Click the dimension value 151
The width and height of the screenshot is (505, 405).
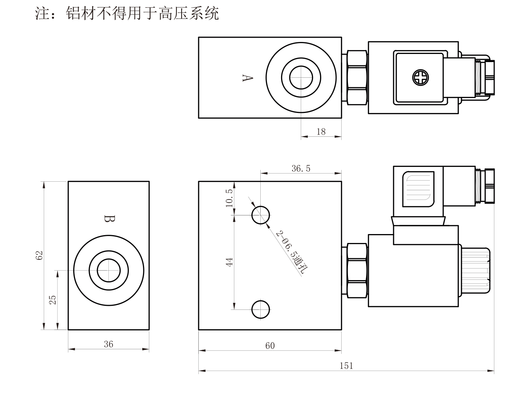(x=346, y=366)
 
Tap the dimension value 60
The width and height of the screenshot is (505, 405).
(x=270, y=346)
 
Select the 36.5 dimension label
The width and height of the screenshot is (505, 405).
(x=301, y=168)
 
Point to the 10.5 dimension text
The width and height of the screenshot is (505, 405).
(x=229, y=198)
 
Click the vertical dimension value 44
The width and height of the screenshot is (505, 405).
(x=229, y=262)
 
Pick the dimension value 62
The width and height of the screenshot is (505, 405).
(x=39, y=255)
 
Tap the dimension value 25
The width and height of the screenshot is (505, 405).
(x=53, y=300)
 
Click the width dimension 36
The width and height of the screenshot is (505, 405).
(x=108, y=344)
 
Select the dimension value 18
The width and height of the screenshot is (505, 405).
(x=321, y=132)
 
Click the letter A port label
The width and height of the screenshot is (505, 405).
(x=248, y=78)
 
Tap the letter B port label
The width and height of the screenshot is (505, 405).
(x=110, y=218)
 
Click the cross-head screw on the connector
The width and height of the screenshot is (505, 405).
(x=420, y=78)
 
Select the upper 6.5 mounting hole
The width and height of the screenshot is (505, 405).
(x=260, y=215)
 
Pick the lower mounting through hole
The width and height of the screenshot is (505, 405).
(x=260, y=310)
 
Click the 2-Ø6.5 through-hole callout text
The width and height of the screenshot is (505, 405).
(x=292, y=252)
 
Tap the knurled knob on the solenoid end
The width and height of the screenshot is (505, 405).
(x=476, y=271)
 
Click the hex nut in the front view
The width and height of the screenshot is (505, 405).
(x=357, y=271)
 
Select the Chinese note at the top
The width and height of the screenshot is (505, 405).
(x=127, y=13)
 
